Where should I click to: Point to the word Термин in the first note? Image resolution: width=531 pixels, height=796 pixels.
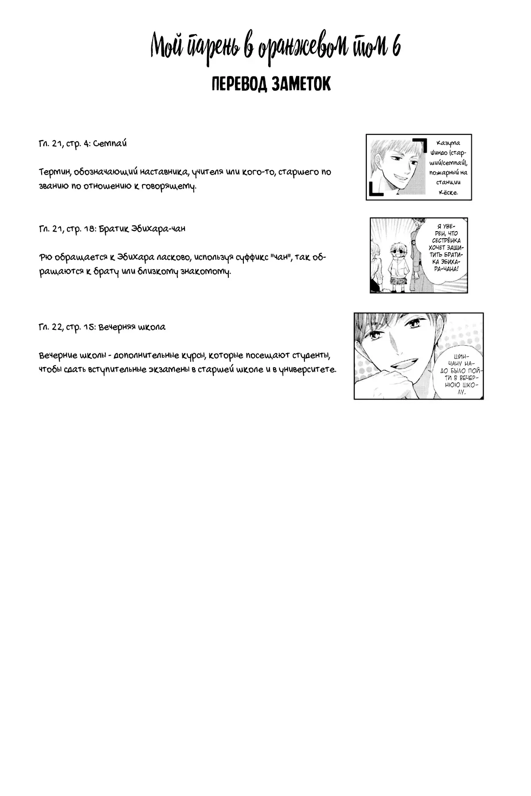coord(53,172)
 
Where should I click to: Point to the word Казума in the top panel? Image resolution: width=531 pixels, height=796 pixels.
coord(448,143)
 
